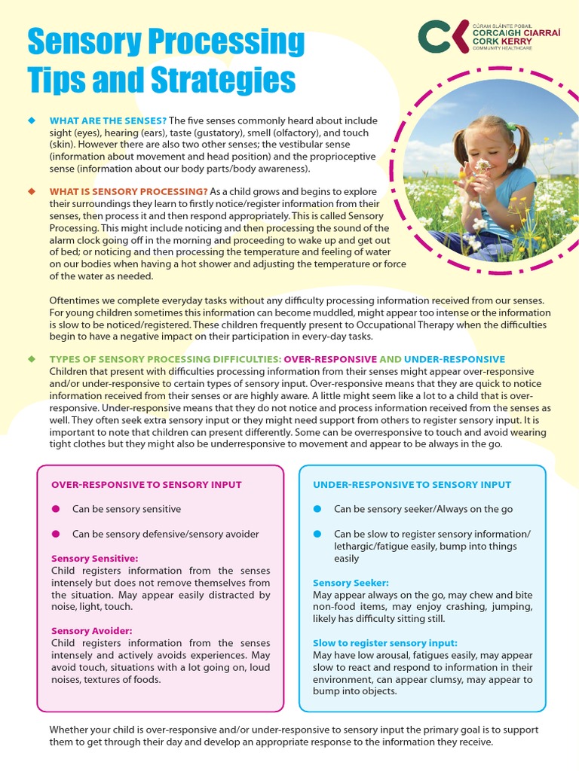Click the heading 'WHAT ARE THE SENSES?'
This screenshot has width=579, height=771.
point(108,120)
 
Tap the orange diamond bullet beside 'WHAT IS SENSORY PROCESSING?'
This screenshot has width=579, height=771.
point(31,190)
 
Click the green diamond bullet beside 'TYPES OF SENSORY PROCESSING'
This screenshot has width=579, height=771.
point(31,359)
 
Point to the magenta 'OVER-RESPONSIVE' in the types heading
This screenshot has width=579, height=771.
point(330,359)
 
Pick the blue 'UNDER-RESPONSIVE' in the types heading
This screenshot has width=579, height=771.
point(454,359)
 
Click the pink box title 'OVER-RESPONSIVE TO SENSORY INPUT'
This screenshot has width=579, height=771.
point(146,485)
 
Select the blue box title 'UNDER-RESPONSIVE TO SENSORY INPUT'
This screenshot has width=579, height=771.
point(412,485)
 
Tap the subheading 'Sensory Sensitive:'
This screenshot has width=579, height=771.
point(94,559)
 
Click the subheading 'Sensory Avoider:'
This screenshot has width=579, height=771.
point(91,630)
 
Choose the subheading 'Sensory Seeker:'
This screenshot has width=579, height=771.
point(351,583)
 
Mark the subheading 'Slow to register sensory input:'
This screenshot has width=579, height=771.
point(384,643)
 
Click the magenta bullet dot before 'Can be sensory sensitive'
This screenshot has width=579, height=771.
point(56,509)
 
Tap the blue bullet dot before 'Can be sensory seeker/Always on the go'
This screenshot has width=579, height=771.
point(317,509)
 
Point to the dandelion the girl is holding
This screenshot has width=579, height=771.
point(482,165)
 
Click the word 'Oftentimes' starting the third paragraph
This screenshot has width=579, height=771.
point(75,300)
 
